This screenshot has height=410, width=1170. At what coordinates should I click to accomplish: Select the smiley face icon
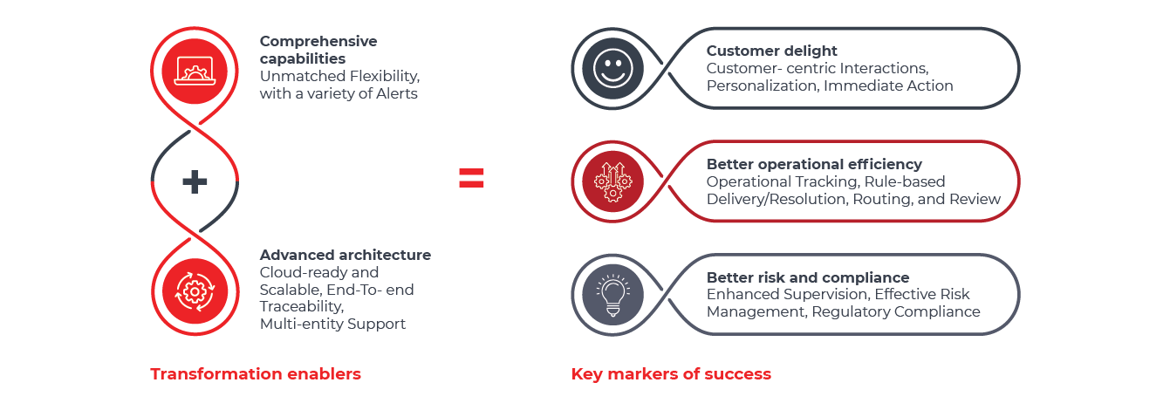click(x=607, y=67)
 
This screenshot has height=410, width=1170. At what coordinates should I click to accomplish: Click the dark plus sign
click(x=195, y=181)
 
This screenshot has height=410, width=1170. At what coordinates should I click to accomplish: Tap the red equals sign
click(x=471, y=180)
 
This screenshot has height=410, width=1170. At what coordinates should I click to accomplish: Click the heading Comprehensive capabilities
click(x=318, y=50)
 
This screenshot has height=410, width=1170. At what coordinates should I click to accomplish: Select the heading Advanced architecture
click(x=345, y=256)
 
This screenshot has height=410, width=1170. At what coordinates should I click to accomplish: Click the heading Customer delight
click(x=771, y=51)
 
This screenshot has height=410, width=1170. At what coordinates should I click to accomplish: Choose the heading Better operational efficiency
click(x=814, y=164)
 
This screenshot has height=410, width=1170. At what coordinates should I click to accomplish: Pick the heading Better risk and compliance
click(x=808, y=277)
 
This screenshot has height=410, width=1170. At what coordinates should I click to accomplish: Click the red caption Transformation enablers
click(x=256, y=374)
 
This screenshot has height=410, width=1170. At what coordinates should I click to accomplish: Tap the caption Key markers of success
click(x=671, y=374)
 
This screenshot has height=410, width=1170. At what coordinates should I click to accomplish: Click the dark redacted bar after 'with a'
click(x=362, y=93)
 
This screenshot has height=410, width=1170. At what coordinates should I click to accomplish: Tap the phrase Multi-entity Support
click(x=332, y=325)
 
